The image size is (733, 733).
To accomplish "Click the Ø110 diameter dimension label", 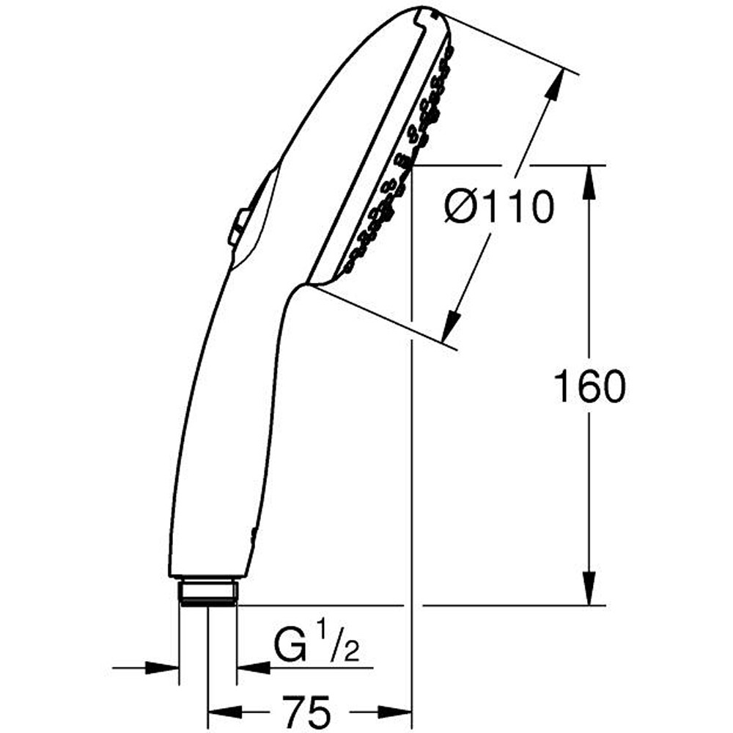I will click(497, 209).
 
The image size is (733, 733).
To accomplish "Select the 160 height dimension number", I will click(589, 387).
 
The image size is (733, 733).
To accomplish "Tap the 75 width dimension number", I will click(303, 712).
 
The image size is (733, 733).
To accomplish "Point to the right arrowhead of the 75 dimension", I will click(397, 712).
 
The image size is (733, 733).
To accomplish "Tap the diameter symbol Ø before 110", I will click(462, 209).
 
